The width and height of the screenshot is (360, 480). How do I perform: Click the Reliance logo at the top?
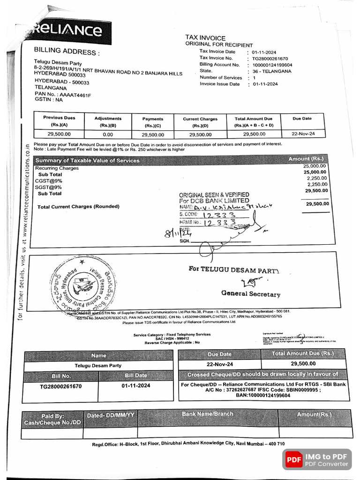click(67, 31)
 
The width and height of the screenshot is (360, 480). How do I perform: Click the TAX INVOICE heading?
click(205, 38)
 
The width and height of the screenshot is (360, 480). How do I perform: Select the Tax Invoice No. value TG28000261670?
click(270, 58)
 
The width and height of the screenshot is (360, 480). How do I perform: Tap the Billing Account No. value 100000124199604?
click(272, 65)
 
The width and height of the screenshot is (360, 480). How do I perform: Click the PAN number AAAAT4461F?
click(73, 95)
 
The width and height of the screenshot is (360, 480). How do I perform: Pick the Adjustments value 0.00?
click(108, 135)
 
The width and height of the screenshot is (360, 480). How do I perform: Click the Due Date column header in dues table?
click(302, 119)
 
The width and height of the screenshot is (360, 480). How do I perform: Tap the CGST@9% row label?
click(49, 180)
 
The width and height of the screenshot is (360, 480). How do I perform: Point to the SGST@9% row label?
click(49, 187)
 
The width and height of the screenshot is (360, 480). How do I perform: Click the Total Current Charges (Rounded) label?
click(78, 207)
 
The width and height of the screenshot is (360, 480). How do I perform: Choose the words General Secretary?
click(251, 294)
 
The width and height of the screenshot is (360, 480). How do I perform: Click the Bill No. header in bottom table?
click(60, 375)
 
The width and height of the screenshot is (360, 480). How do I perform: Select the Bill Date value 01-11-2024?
click(136, 386)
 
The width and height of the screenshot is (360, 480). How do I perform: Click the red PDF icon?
click(294, 460)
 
